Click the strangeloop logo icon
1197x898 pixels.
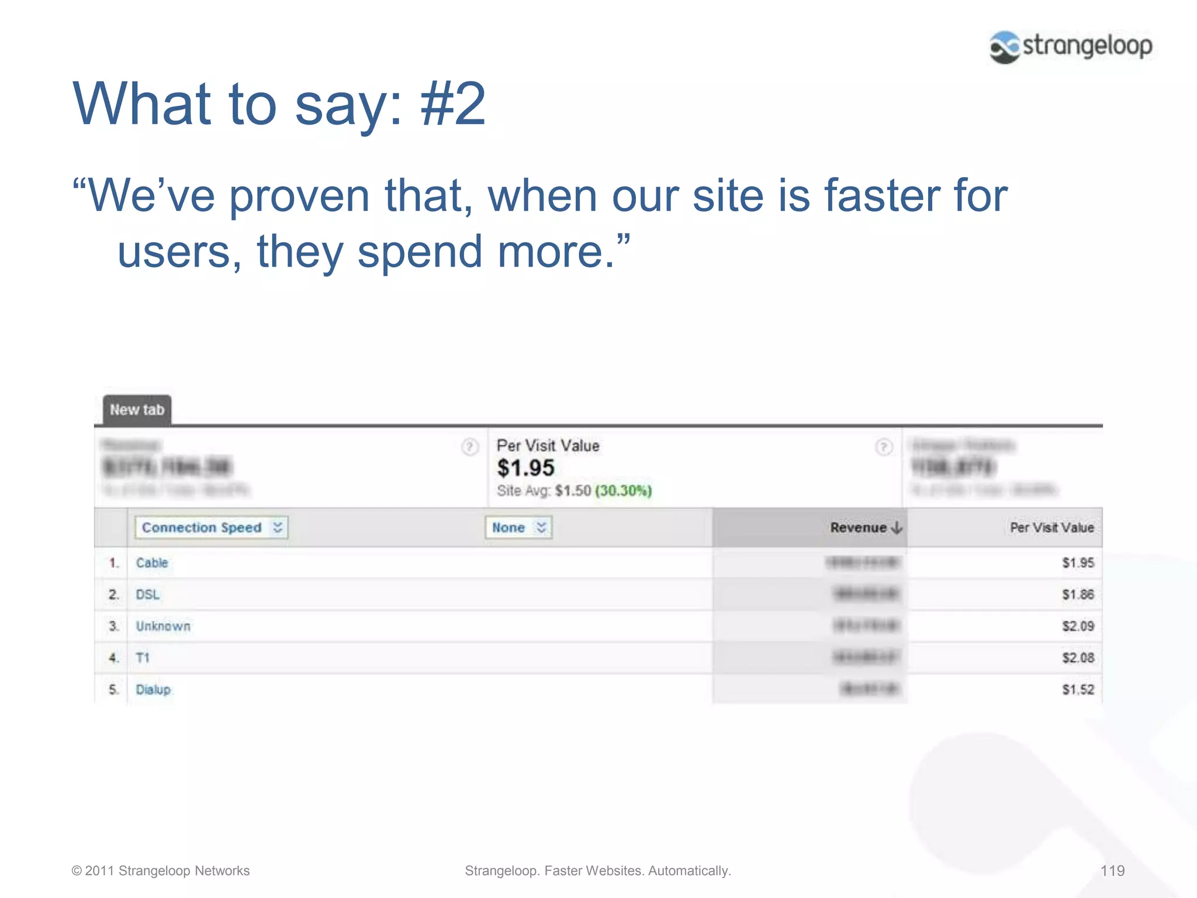click(x=1005, y=47)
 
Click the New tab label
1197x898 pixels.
click(x=137, y=410)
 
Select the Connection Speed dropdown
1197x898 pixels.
click(x=211, y=527)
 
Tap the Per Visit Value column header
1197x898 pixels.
click(x=1051, y=527)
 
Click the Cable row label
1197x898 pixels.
click(x=152, y=562)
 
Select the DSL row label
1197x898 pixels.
click(x=147, y=595)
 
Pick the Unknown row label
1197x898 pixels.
click(x=163, y=626)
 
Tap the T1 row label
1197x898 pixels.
click(x=143, y=658)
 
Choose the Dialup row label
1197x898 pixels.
click(x=153, y=689)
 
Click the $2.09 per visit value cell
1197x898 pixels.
click(x=1078, y=626)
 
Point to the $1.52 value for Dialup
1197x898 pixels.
click(x=1078, y=689)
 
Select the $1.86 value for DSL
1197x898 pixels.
click(x=1078, y=595)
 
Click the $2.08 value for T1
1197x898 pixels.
click(x=1078, y=658)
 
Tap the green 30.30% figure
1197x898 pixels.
click(x=623, y=491)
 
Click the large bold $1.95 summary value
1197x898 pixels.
click(x=525, y=468)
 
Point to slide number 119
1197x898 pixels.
click(x=1112, y=871)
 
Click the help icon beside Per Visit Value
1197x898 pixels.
click(x=883, y=447)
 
